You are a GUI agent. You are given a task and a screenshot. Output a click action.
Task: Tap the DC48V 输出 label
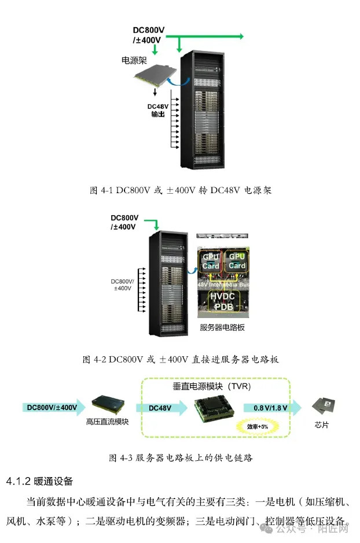pos(157,110)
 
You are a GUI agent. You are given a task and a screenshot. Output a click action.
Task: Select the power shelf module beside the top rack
pos(155,78)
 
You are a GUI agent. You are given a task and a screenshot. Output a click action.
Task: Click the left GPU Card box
pos(211,260)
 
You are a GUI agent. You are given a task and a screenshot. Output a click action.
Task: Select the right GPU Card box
pos(237,260)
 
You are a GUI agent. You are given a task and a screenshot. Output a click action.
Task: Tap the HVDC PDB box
pos(224,301)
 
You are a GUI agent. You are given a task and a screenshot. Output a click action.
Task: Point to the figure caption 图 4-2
pos(181,359)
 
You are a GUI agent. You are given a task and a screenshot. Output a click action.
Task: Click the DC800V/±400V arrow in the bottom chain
pos(52,407)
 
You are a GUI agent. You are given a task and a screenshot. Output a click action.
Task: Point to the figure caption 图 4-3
pos(181,457)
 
